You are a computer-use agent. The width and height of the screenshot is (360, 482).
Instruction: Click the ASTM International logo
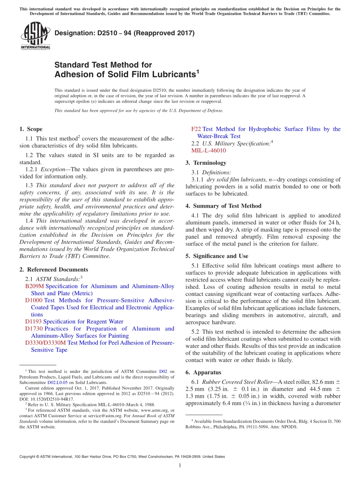click(35, 36)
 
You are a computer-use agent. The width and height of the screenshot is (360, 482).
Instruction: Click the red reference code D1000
click(34, 300)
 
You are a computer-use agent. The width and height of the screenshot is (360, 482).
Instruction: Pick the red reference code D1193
click(33, 322)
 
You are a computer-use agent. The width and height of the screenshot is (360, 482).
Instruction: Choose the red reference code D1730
click(34, 329)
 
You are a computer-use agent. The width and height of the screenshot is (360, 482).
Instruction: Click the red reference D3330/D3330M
click(45, 343)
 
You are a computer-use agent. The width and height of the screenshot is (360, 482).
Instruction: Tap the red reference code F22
click(196, 129)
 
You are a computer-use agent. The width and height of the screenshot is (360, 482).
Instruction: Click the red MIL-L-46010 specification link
click(208, 150)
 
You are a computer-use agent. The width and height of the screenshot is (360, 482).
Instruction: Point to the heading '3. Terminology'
click(206, 163)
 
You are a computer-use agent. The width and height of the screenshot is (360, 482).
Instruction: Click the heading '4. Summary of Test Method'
click(223, 206)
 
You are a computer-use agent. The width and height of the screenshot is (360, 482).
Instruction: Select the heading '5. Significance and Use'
click(217, 256)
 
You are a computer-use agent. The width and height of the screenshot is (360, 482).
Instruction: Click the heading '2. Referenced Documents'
click(53, 270)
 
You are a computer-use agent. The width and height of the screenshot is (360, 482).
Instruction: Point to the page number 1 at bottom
click(180, 466)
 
